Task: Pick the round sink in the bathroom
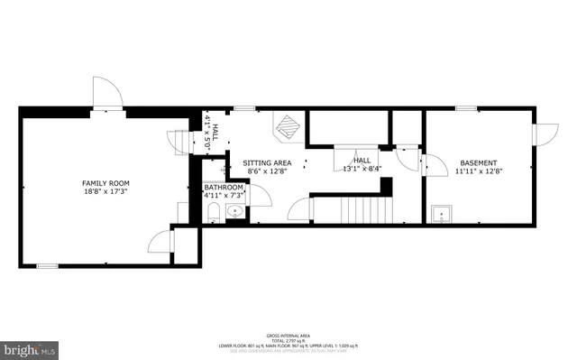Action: pyautogui.click(x=234, y=213)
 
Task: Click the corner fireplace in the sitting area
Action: pyautogui.click(x=288, y=128)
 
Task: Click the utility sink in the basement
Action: pyautogui.click(x=440, y=214)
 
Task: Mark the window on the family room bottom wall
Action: pyautogui.click(x=47, y=265)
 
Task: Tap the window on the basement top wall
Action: pyautogui.click(x=466, y=108)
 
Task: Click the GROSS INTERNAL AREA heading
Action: pyautogui.click(x=288, y=333)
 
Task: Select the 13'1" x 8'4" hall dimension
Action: pyautogui.click(x=362, y=170)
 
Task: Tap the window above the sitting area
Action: pyautogui.click(x=242, y=108)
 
